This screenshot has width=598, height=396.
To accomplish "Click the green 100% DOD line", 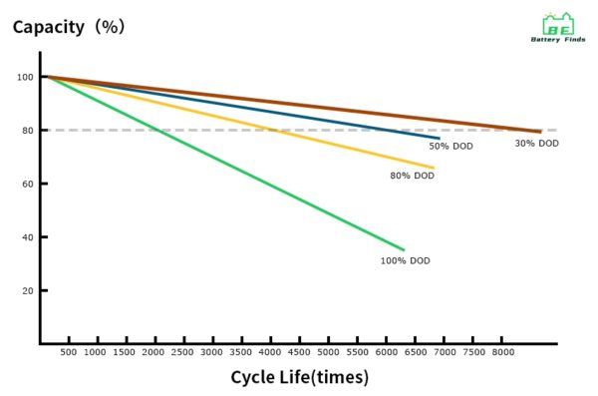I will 224,164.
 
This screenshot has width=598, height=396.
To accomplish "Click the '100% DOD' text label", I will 405,260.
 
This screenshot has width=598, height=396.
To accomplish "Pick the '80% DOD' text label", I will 412,176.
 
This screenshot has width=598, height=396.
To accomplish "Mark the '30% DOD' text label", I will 536,144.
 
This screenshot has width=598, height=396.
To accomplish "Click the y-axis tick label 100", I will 25,78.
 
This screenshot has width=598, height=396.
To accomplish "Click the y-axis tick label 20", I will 28,291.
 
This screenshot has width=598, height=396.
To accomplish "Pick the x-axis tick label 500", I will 69,353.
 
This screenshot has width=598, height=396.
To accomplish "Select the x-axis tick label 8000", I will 504,353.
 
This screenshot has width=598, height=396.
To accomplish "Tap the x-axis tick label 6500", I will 418,353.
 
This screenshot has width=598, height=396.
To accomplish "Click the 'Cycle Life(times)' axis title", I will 299,377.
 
